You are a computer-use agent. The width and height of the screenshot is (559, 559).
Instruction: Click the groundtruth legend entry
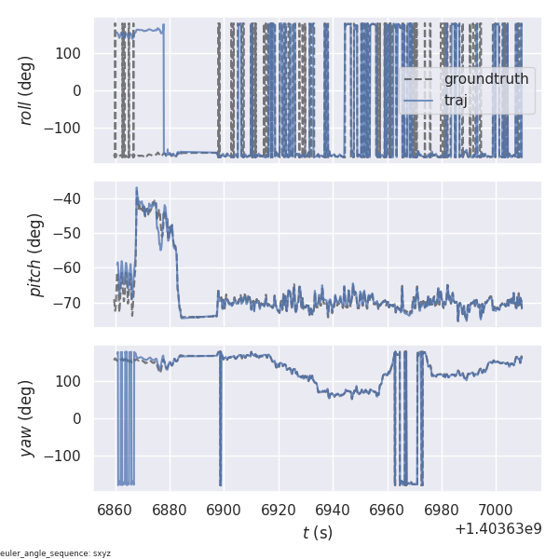[x=485, y=79]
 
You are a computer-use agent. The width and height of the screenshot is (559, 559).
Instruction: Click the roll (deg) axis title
[x=27, y=90]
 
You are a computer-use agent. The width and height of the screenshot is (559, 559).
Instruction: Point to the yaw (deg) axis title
[x=27, y=418]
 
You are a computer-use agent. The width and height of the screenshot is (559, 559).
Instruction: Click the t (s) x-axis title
[x=318, y=533]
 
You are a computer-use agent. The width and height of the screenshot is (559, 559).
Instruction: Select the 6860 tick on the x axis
[x=115, y=509]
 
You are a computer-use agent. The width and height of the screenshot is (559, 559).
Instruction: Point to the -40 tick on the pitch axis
[x=70, y=198]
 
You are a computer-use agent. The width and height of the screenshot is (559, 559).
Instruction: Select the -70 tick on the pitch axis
[x=70, y=303]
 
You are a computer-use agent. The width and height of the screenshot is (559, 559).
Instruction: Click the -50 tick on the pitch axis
[x=70, y=233]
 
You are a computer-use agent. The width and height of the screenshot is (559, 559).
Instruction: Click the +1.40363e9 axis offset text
[x=498, y=529]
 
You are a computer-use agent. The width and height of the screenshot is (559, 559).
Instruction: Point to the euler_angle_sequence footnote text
[x=55, y=553]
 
